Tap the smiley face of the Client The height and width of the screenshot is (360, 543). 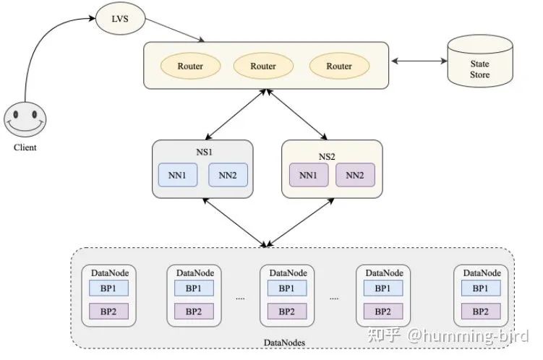tap(25, 119)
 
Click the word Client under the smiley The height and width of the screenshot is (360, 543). tap(25, 147)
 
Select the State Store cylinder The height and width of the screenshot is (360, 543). tap(479, 64)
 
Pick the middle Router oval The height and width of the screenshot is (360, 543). tap(263, 67)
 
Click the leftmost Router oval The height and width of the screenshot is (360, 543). tap(190, 67)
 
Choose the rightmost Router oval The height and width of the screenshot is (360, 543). tap(338, 67)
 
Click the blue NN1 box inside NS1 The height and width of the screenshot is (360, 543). tap(178, 175)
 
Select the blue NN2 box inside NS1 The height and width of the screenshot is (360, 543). tap(228, 175)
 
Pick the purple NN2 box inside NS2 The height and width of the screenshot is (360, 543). tap(355, 175)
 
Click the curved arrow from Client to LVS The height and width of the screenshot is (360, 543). tap(43, 43)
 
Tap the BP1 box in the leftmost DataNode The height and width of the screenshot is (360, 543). tap(109, 288)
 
